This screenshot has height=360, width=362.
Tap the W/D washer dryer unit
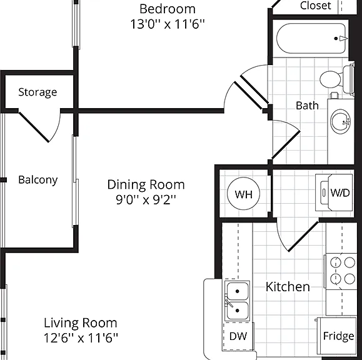pos(334,192)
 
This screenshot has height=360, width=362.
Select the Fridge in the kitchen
pos(337,336)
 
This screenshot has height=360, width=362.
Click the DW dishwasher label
pos(238,336)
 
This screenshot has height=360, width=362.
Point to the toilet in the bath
pos(337,79)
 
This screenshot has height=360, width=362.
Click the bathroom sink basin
pos(340,122)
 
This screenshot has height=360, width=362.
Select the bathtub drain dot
pos(336,39)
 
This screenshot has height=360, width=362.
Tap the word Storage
pos(38,92)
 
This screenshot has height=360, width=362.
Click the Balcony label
pos(38,180)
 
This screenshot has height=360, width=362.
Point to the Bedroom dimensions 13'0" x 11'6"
pos(168,24)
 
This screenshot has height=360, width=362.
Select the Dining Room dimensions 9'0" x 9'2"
pos(146,200)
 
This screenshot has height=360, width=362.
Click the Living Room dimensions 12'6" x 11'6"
pos(81,338)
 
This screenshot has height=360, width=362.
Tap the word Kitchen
pos(288,287)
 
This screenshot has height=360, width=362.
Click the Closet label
pos(315,6)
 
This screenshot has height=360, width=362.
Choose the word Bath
pos(307,106)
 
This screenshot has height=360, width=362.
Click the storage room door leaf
pos(34,127)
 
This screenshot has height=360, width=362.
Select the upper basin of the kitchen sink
pos(238,291)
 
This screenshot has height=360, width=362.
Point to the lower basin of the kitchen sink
pos(238,311)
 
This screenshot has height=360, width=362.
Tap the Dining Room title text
pos(146,185)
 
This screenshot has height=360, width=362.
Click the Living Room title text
pos(81,323)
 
